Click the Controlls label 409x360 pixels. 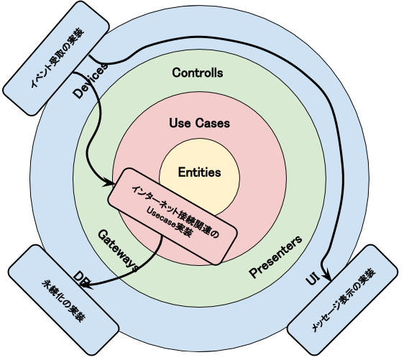[198, 73]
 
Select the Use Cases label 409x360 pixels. [199, 123]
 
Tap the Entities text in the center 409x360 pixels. [199, 172]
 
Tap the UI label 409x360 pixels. [313, 281]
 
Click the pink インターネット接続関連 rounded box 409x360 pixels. [172, 216]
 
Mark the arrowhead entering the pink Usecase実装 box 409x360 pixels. [109, 179]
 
